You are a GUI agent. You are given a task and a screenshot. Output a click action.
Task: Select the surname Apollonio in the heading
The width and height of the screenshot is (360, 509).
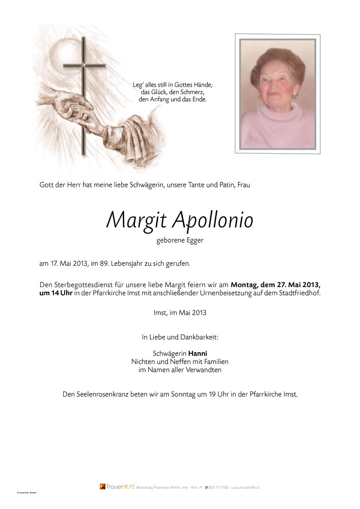click(213, 220)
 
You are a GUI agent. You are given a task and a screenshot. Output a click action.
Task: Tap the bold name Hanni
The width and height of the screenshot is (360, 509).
click(198, 353)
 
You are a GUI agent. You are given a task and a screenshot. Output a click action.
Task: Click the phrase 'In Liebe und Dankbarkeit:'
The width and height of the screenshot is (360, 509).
click(180, 336)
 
